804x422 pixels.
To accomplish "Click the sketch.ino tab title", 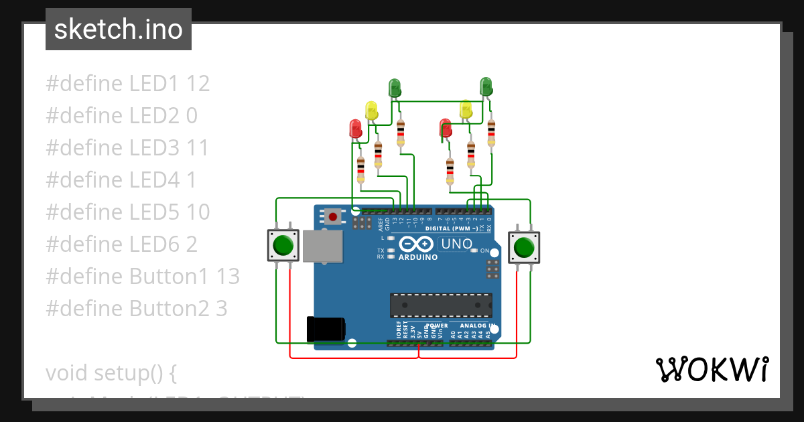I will (x=119, y=29).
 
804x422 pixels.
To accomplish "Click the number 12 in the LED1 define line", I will (x=198, y=84).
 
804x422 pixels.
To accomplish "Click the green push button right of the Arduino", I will (x=523, y=248).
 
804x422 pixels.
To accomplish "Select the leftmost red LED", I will (x=355, y=127).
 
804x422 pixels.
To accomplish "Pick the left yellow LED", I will (x=371, y=109).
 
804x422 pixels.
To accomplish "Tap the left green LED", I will (x=395, y=87).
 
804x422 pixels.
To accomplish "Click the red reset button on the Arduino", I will (x=332, y=216).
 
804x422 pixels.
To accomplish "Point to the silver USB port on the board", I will (x=322, y=246).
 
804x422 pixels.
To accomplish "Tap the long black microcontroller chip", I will (x=441, y=305).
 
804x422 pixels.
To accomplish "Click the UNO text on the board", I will (x=456, y=244).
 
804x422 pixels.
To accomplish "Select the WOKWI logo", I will (x=711, y=369).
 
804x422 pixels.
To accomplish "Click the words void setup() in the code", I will (x=111, y=373).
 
